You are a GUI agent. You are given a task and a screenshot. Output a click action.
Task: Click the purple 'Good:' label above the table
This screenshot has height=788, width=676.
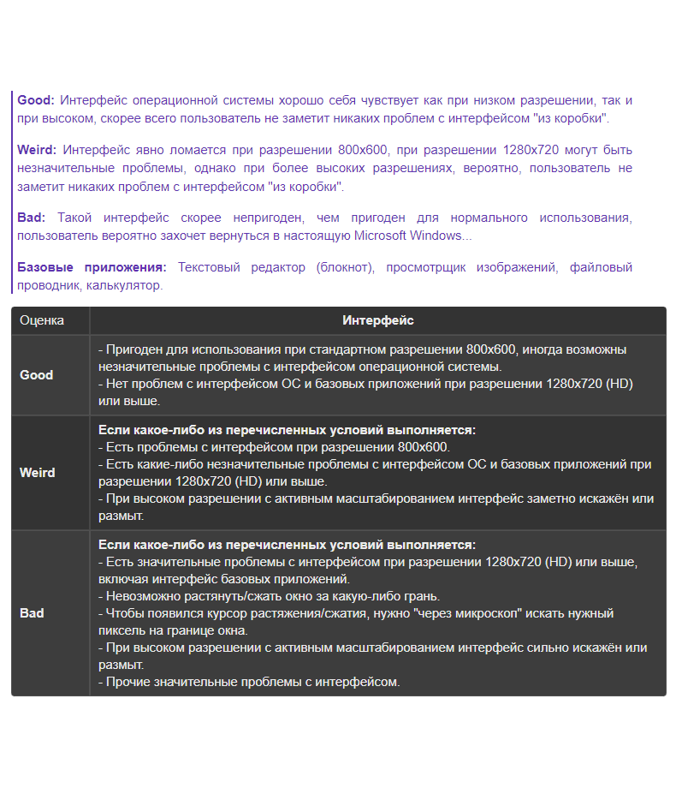(x=36, y=100)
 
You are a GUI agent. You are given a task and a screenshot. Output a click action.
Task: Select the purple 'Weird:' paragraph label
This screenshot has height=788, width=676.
(x=37, y=150)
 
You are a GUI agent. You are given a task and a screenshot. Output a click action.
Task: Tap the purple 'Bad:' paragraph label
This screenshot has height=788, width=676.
(x=32, y=218)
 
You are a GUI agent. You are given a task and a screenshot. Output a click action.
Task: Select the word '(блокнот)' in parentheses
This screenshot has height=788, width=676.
(x=346, y=267)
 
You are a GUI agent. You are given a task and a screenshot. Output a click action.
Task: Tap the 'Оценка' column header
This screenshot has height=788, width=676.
(x=42, y=320)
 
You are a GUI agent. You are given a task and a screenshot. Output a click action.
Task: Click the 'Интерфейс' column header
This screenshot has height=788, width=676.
(x=377, y=320)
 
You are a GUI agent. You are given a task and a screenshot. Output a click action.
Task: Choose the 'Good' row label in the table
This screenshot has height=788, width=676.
(x=37, y=374)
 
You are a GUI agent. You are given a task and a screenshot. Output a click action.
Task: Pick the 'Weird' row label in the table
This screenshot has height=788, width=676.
(x=37, y=472)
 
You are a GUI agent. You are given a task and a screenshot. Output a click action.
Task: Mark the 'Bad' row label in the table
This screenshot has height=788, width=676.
(x=32, y=613)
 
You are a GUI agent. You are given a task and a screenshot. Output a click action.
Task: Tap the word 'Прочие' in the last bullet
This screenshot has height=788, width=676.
(x=127, y=682)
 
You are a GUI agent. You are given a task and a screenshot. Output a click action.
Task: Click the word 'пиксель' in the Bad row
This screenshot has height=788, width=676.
(x=121, y=630)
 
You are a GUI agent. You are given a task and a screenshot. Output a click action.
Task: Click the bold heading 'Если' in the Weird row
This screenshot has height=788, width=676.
(x=114, y=430)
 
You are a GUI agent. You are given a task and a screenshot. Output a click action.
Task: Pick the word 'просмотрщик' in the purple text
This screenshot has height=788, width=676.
(x=425, y=267)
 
